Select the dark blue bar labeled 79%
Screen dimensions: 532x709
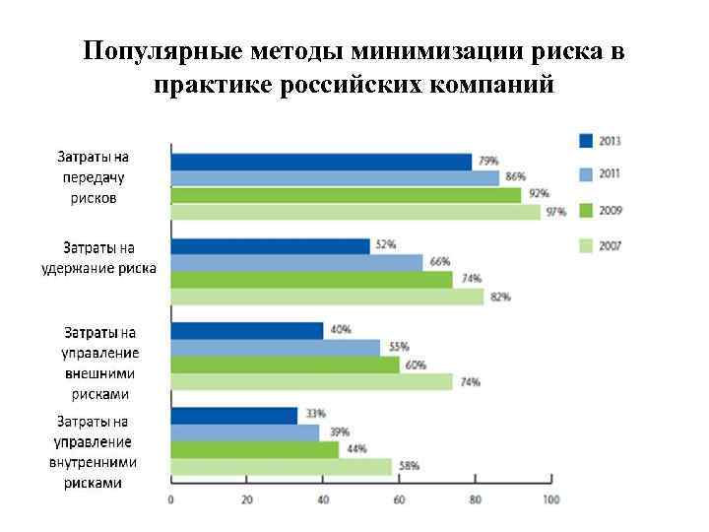(321, 162)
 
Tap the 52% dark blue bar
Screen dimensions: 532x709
(270, 246)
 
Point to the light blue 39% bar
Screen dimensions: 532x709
(245, 432)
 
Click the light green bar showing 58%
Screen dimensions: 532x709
(281, 467)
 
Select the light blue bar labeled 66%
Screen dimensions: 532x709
(296, 263)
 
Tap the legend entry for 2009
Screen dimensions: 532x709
(600, 210)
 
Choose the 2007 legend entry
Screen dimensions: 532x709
(600, 244)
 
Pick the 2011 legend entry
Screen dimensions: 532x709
(600, 174)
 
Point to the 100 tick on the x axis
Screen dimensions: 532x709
(550, 499)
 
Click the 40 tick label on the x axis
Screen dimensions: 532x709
(323, 499)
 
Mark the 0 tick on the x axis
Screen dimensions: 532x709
(171, 499)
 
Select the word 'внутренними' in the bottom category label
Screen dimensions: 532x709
(93, 462)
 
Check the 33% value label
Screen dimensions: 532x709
(314, 414)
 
